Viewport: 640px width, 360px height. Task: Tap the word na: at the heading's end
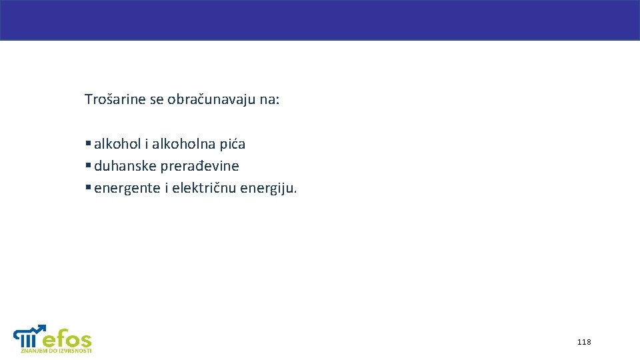tap(271, 100)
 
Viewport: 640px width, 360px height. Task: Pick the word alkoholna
tap(183, 144)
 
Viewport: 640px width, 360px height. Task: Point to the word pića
tap(231, 144)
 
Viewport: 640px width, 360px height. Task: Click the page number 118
tap(584, 342)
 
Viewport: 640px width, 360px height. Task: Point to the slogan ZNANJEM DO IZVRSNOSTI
tap(56, 351)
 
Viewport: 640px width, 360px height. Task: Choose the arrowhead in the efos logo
tap(43, 327)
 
